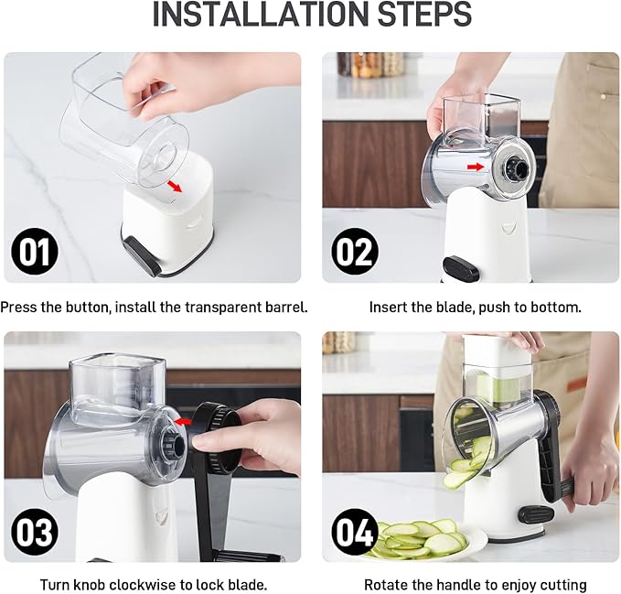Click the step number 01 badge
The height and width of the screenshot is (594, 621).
[34, 251]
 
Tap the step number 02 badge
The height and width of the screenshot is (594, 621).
[354, 251]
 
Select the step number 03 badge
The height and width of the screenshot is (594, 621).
[34, 532]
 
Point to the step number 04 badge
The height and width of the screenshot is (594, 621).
[354, 532]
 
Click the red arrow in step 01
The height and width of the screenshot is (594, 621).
[175, 187]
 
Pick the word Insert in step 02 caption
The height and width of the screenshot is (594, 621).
[389, 307]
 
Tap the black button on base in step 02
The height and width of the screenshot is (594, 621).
[460, 268]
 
